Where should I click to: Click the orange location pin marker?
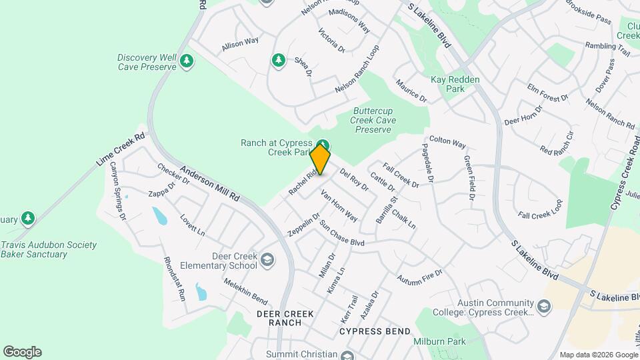(320, 159)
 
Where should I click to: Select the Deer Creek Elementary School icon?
(267, 260)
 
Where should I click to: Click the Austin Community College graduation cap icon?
(545, 307)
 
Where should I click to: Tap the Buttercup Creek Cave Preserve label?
(374, 120)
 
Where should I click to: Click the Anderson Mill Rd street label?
(209, 183)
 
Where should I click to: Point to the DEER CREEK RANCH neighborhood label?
(280, 318)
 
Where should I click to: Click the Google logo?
(22, 352)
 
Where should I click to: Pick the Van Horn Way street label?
(339, 206)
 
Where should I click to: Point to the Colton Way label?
(447, 142)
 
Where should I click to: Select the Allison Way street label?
(240, 43)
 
